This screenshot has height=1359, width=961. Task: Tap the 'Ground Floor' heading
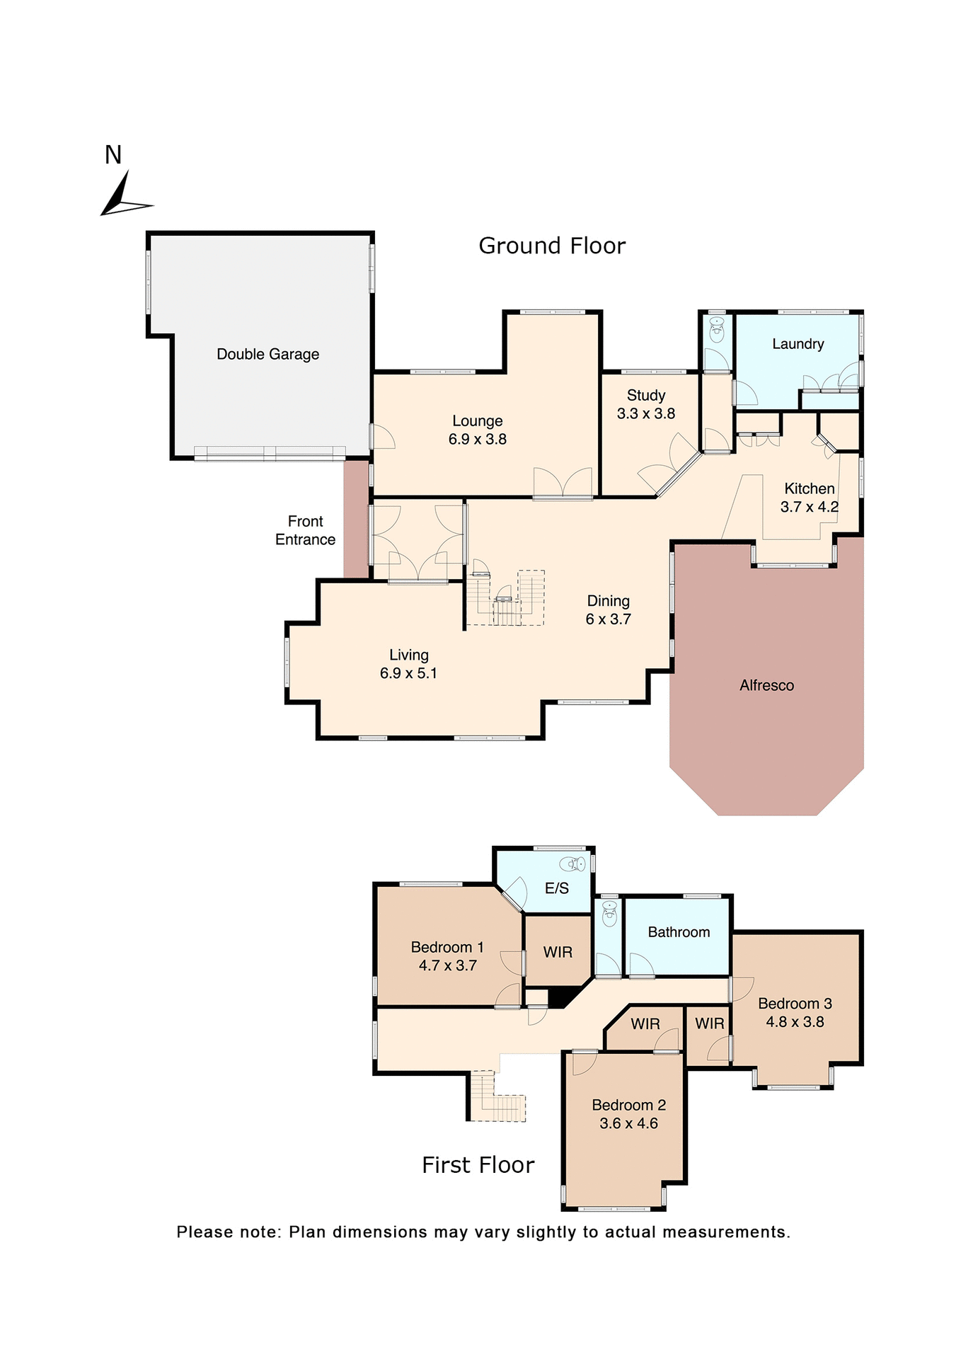click(x=552, y=246)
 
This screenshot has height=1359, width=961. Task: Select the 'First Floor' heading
click(x=478, y=1164)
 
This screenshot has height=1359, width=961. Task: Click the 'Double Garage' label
click(x=267, y=354)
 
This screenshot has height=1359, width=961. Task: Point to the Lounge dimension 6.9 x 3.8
click(x=477, y=439)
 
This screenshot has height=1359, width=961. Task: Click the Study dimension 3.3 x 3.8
click(x=645, y=413)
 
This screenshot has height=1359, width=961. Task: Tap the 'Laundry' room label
click(x=798, y=344)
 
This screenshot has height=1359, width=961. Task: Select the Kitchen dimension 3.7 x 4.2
click(x=809, y=507)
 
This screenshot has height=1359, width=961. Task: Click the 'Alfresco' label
click(x=766, y=685)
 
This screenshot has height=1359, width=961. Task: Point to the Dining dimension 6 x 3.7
click(x=608, y=619)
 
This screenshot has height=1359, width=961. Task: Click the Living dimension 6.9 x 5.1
click(x=408, y=673)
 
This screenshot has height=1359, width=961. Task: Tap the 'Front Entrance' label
click(x=305, y=530)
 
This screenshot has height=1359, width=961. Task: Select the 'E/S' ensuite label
click(x=556, y=888)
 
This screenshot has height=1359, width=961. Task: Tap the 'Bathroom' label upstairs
click(x=679, y=932)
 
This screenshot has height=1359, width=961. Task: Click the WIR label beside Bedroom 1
click(x=558, y=952)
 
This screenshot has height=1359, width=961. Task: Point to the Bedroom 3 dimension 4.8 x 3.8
click(x=795, y=1021)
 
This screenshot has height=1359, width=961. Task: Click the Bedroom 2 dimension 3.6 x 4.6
click(x=628, y=1123)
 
